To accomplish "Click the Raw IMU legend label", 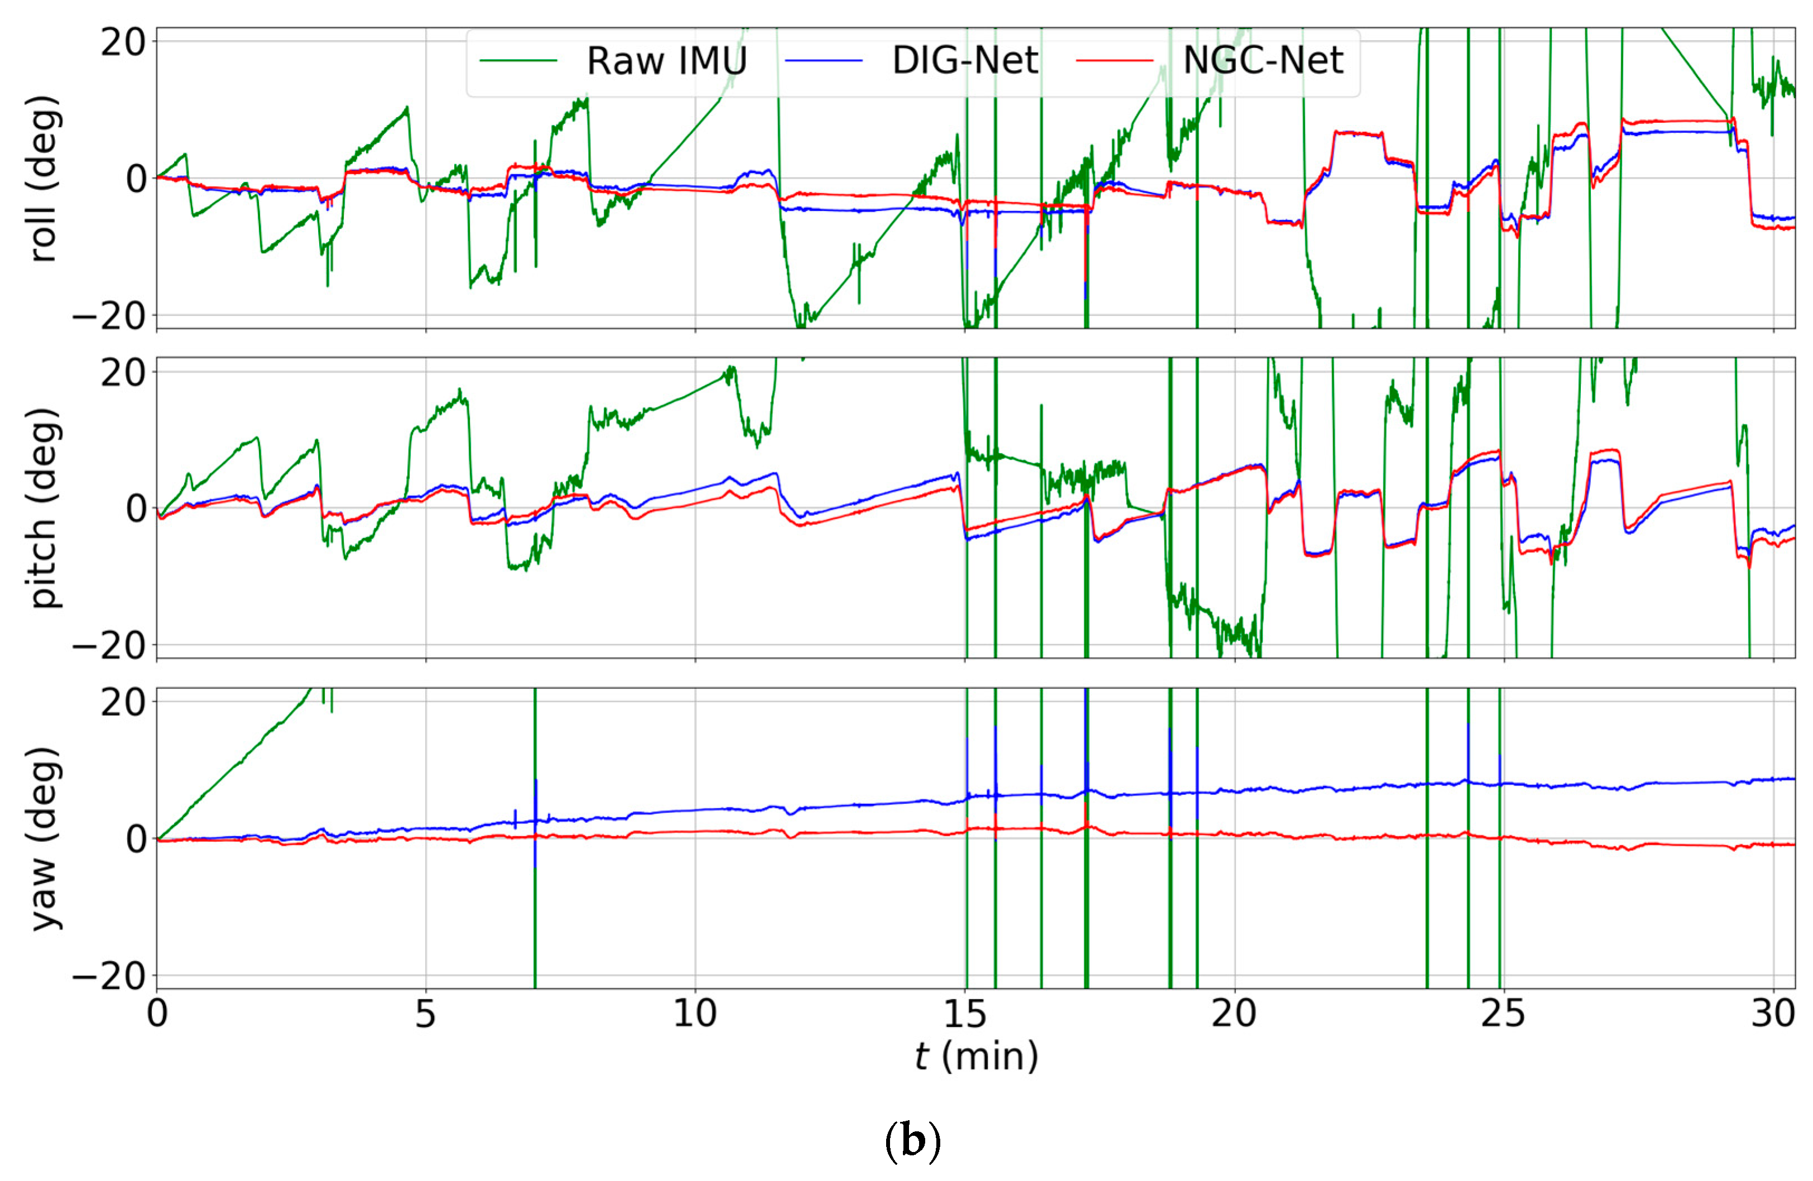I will [666, 60].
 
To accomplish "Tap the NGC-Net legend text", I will [1262, 60].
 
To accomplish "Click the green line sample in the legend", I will [518, 61].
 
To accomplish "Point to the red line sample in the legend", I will [1114, 61].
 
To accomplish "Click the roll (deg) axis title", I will [44, 179].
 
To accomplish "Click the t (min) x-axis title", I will [976, 1055].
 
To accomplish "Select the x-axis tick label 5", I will [425, 1014].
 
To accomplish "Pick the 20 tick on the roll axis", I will [123, 42].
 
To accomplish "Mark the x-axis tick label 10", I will [695, 1014].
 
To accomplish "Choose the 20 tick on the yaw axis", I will [123, 702].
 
